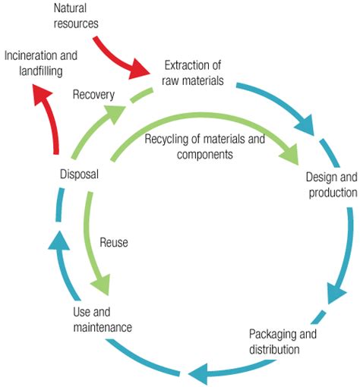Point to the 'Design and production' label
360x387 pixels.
[331, 184]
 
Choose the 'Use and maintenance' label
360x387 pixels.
[102, 319]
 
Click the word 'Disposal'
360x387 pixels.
[79, 175]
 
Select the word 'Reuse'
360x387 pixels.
[113, 243]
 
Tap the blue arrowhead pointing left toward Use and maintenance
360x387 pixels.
[196, 372]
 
